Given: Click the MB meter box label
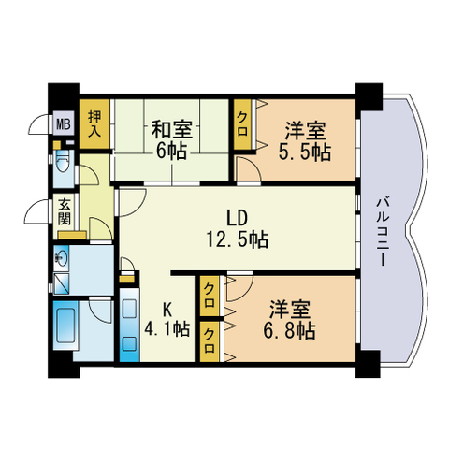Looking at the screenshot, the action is tap(63, 124).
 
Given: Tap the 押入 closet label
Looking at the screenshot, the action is tap(94, 123).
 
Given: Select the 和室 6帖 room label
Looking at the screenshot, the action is tap(172, 140).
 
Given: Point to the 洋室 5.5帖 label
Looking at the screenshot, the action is tap(305, 141).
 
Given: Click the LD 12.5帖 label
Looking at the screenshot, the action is tap(237, 228).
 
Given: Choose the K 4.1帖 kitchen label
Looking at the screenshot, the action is tap(167, 319).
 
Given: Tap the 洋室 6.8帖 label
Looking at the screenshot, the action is tap(290, 320).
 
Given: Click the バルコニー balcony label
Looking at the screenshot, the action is tap(382, 231).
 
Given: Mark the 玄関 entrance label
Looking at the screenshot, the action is tap(65, 212).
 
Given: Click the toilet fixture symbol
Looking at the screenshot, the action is tap(63, 163).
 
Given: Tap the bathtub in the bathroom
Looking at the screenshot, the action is tap(65, 325).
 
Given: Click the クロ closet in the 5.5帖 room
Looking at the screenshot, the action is tap(242, 124).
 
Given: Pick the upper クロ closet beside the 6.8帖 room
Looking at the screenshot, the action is tap(210, 296).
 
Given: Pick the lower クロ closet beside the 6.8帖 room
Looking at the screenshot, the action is tap(210, 341).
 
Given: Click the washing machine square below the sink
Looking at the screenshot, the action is tap(61, 283).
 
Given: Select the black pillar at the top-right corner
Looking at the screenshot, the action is tap(369, 96).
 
